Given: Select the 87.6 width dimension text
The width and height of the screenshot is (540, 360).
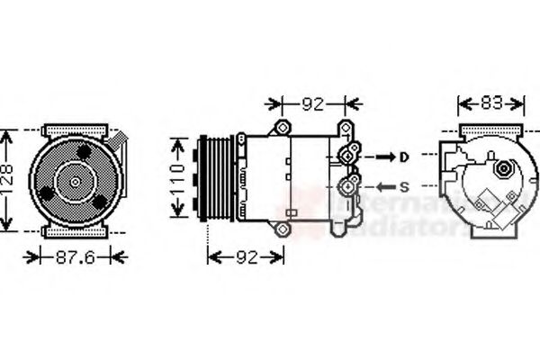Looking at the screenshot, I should [x=76, y=257].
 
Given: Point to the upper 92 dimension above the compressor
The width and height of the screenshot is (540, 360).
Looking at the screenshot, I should [x=311, y=103].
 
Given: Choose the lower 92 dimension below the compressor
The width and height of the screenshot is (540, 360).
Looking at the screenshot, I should [x=245, y=257].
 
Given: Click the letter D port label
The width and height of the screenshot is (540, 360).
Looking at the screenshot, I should [x=404, y=157].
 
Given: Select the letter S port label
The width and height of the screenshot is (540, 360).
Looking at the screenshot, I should [x=404, y=187].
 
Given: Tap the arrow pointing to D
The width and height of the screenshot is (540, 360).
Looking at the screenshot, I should [x=383, y=157].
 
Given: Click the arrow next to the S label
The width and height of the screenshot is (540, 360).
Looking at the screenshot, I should [x=383, y=187].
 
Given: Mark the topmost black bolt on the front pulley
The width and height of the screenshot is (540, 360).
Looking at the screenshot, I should [x=84, y=153].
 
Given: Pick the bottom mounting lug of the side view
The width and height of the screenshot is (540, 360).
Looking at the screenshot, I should [x=284, y=231].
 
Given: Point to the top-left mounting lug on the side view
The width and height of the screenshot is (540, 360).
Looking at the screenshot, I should [x=283, y=126].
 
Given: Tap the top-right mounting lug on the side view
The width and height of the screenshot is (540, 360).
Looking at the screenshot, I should [x=344, y=127].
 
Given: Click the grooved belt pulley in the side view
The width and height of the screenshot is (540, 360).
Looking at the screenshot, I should [x=217, y=179].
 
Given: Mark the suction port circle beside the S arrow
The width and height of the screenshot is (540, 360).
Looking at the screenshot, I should [x=347, y=187].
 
